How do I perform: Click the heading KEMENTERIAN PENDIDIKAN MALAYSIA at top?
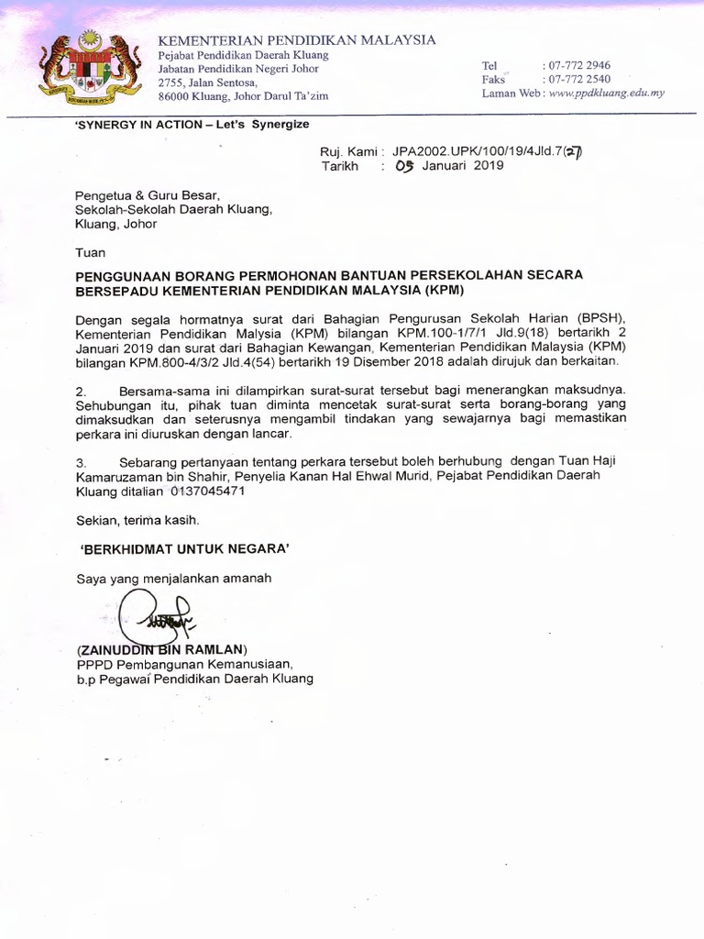[297, 40]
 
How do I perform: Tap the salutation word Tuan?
[90, 252]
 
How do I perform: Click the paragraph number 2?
[80, 391]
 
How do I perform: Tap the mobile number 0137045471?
[208, 492]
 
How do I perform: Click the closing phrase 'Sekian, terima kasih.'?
[137, 520]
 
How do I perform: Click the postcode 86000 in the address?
[174, 95]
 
